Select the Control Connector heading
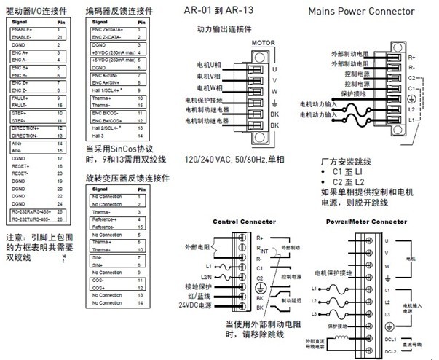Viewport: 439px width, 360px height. coord(243,222)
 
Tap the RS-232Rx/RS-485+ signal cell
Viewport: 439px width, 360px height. coord(31,211)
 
